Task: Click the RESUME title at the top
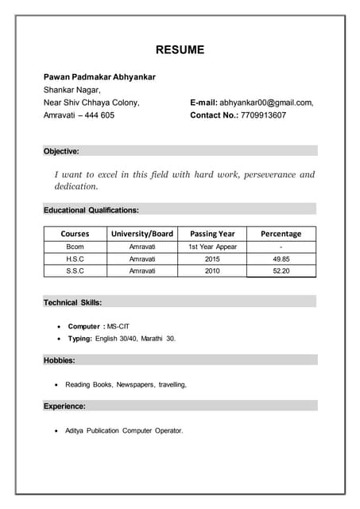(x=180, y=50)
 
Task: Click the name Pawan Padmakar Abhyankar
(x=99, y=77)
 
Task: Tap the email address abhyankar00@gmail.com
(x=265, y=103)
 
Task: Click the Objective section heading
(x=61, y=150)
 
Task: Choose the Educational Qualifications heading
(x=91, y=210)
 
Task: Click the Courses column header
(x=75, y=234)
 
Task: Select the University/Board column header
(x=142, y=234)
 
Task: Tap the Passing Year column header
(x=212, y=234)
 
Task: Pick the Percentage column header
(x=281, y=234)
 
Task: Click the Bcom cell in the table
(x=75, y=247)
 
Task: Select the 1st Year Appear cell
(x=212, y=247)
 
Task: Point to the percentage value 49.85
(x=281, y=259)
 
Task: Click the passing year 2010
(x=212, y=271)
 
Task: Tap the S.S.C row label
(x=75, y=271)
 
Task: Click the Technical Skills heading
(x=72, y=302)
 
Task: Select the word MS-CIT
(x=118, y=327)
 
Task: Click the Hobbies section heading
(x=60, y=360)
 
